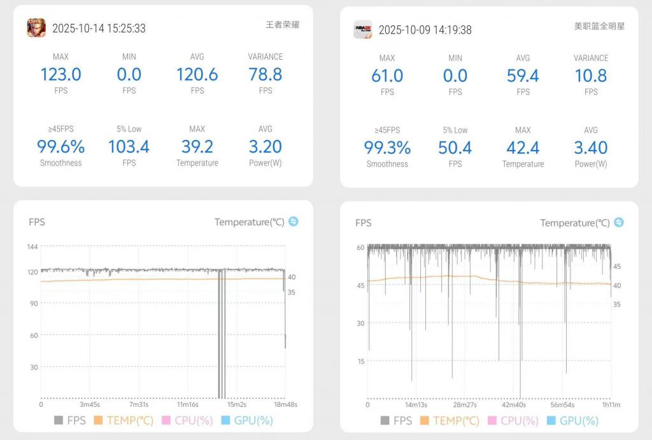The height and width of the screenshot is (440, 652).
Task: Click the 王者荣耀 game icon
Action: pyautogui.click(x=36, y=28)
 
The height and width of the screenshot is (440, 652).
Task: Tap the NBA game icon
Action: pyautogui.click(x=363, y=29)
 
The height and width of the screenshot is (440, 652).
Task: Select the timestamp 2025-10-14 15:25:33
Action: pyautogui.click(x=99, y=29)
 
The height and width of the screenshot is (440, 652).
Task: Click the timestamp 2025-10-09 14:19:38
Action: pyautogui.click(x=425, y=30)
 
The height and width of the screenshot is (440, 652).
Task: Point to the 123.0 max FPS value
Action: pyautogui.click(x=60, y=74)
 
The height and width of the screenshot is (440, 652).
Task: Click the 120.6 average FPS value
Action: pyautogui.click(x=197, y=74)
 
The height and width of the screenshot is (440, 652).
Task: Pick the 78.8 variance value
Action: pyautogui.click(x=266, y=74)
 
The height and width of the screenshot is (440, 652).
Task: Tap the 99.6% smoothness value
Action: pyautogui.click(x=60, y=147)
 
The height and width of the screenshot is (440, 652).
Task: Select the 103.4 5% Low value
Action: pyautogui.click(x=129, y=147)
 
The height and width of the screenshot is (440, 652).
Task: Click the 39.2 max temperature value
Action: pyautogui.click(x=197, y=147)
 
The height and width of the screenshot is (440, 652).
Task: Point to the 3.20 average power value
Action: pyautogui.click(x=266, y=147)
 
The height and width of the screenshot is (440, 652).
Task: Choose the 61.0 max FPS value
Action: pyautogui.click(x=387, y=76)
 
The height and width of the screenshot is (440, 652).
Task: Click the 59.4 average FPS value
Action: pyautogui.click(x=523, y=76)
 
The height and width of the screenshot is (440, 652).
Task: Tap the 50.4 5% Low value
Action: pyautogui.click(x=455, y=148)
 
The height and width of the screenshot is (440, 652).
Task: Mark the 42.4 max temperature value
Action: pyautogui.click(x=523, y=148)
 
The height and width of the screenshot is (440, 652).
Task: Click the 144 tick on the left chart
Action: pyautogui.click(x=33, y=246)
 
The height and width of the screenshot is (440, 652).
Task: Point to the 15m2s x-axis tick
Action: pyautogui.click(x=237, y=404)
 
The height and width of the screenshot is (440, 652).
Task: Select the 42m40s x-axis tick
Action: pyautogui.click(x=514, y=405)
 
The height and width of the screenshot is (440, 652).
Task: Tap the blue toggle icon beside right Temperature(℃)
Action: pyautogui.click(x=618, y=223)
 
